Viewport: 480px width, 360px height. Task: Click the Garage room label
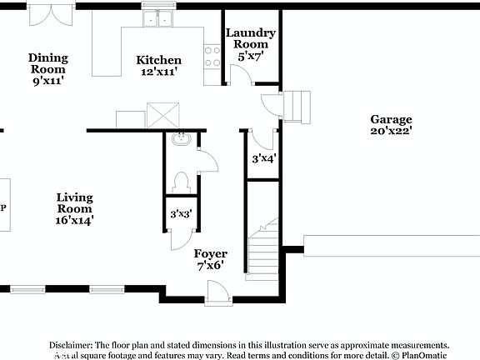tap(391, 119)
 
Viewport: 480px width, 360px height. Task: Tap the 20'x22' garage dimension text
tap(391, 131)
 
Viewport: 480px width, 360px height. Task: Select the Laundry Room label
tap(250, 38)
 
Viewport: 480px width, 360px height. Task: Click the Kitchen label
tap(158, 60)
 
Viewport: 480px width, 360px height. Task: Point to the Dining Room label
tap(48, 58)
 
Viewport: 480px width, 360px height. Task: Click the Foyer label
tap(210, 253)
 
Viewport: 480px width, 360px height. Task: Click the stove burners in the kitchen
tap(212, 56)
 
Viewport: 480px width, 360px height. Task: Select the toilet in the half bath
tap(181, 181)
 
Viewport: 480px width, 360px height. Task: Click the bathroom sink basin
tap(181, 141)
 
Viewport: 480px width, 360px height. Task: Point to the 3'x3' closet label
tap(181, 215)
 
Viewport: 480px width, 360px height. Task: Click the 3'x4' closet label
tap(263, 157)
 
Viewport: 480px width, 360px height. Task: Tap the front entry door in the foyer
tap(216, 292)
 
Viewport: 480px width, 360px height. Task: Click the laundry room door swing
tap(240, 76)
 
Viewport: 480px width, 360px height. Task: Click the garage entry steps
tap(298, 106)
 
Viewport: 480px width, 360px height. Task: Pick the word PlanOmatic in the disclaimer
tap(424, 355)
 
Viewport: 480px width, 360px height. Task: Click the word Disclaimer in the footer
tap(71, 345)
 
